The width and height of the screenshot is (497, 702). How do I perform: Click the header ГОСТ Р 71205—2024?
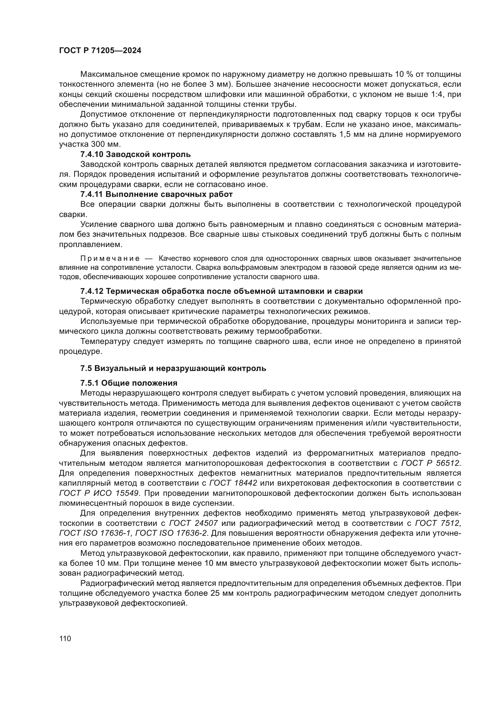pos(100,51)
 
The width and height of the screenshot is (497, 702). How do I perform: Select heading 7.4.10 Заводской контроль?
pos(135,154)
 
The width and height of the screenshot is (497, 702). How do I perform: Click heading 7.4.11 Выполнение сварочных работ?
pos(156,194)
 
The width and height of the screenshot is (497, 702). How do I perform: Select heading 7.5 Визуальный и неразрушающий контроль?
pos(173,369)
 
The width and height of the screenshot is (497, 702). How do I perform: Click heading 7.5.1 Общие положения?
pos(129,383)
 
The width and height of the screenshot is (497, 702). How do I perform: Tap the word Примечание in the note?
pos(110,259)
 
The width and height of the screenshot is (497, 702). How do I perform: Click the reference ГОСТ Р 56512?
pos(431,463)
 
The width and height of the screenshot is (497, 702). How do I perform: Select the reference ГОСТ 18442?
pos(233,484)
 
